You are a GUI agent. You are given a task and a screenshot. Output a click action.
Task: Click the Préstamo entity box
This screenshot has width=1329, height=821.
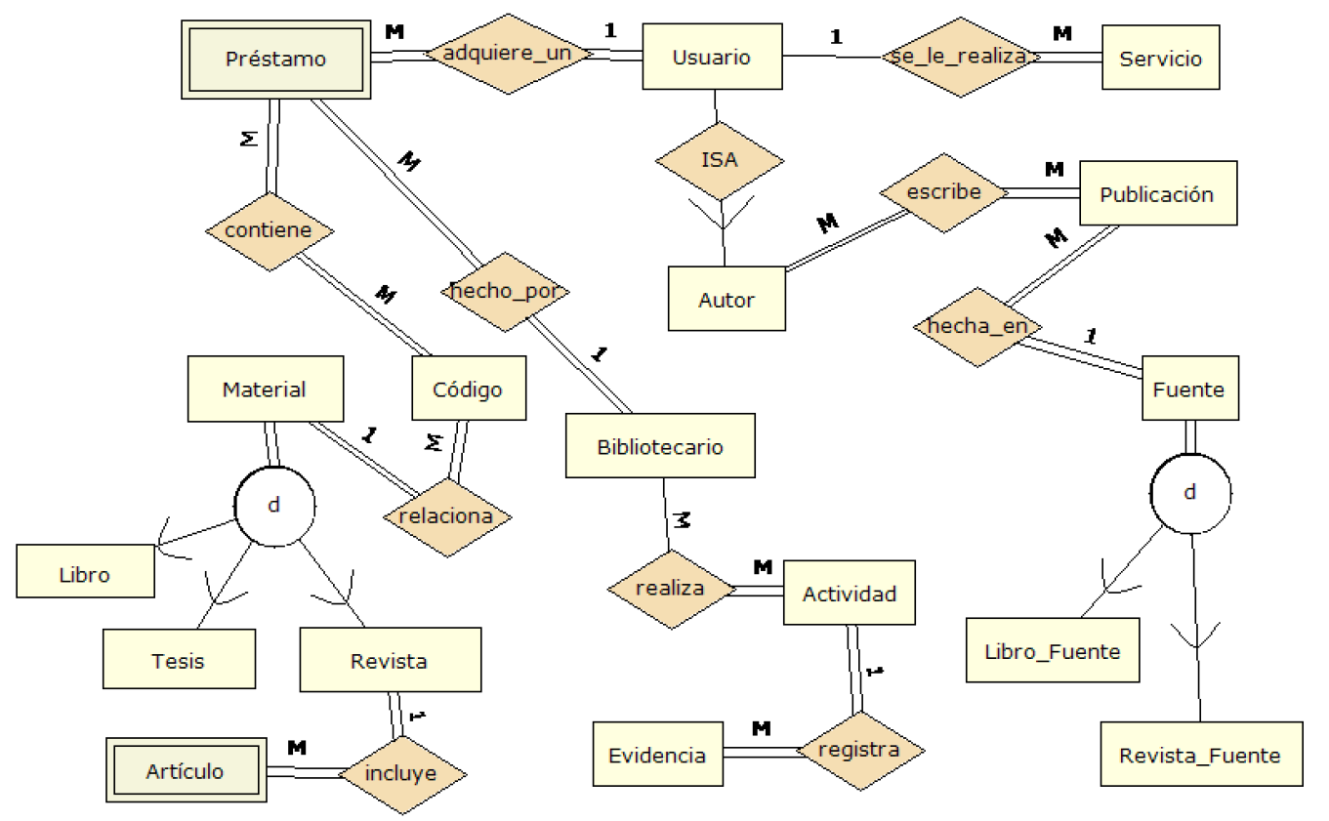[276, 59]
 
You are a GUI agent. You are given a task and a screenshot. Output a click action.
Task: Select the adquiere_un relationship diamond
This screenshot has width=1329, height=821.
[507, 55]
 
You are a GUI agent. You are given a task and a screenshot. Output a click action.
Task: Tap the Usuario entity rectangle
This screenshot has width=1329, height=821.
[711, 58]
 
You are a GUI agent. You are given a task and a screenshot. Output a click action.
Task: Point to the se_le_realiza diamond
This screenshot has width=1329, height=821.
[958, 57]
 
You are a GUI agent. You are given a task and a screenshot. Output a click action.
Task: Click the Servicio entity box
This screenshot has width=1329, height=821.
[1160, 59]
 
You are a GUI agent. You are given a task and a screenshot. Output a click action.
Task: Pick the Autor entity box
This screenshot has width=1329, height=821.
[727, 300]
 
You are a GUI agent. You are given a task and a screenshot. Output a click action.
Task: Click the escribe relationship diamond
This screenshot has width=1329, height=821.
[943, 192]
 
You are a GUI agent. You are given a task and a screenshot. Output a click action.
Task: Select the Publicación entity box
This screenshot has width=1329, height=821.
[1157, 194]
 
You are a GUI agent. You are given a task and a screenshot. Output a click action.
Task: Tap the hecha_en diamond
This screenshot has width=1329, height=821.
[976, 326]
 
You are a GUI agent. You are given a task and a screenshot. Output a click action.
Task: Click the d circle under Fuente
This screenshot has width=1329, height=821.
[1189, 492]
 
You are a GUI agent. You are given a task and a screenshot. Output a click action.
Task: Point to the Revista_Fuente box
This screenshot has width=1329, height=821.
[1200, 755]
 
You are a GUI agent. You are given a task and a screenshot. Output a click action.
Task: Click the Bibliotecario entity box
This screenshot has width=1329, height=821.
[660, 446]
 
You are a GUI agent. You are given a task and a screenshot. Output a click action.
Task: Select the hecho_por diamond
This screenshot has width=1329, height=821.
[504, 291]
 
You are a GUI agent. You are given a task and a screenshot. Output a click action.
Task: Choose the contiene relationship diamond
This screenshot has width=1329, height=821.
[269, 230]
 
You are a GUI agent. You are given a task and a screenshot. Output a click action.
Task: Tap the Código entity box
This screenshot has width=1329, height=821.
[468, 390]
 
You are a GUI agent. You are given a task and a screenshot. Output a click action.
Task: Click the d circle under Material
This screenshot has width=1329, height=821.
[274, 505]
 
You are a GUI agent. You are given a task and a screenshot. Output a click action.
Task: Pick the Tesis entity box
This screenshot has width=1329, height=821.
[179, 660]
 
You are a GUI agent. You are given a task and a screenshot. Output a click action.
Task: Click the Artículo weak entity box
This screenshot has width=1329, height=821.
[186, 771]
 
